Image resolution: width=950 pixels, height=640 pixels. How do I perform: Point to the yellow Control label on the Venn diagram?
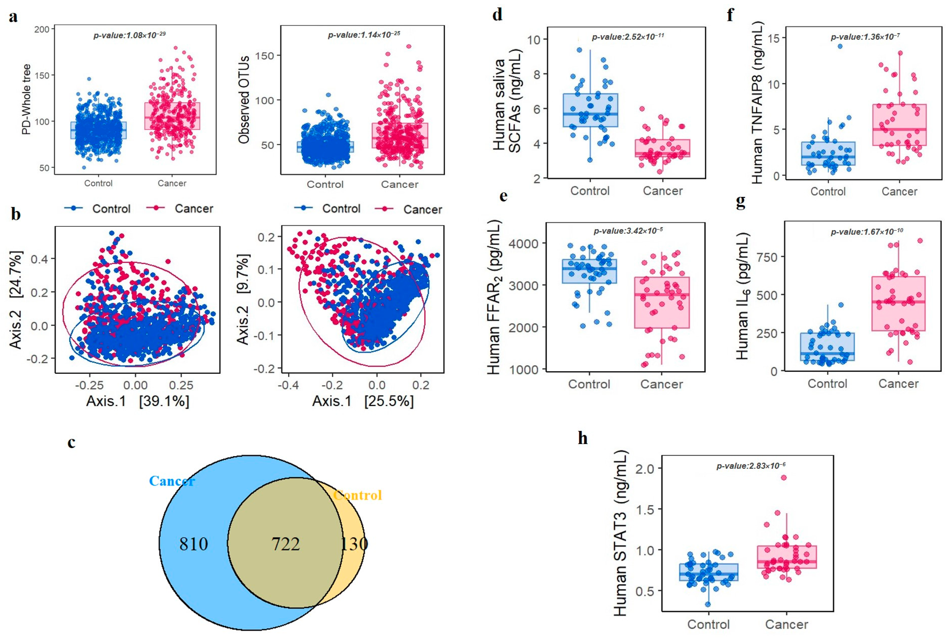pyautogui.click(x=357, y=495)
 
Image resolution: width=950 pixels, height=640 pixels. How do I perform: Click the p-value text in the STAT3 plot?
pyautogui.click(x=751, y=466)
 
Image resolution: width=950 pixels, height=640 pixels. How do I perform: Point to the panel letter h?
pyautogui.click(x=583, y=438)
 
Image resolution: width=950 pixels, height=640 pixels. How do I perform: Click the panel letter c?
pyautogui.click(x=71, y=442)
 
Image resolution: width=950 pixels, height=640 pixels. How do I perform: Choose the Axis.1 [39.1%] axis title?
pyautogui.click(x=138, y=401)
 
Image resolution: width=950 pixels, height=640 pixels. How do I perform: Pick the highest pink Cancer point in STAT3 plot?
pyautogui.click(x=784, y=477)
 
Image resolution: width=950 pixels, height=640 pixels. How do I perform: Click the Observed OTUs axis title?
pyautogui.click(x=244, y=100)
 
